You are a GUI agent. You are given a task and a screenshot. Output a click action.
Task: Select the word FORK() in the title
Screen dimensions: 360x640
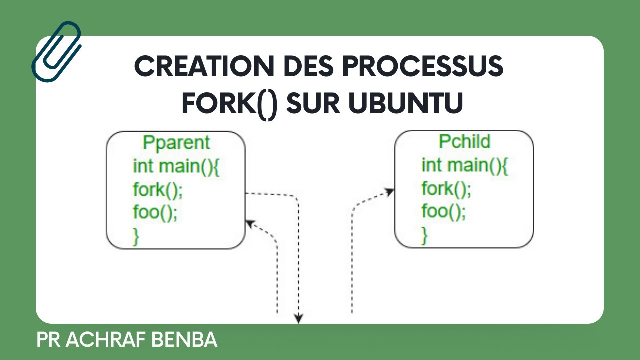coord(229,103)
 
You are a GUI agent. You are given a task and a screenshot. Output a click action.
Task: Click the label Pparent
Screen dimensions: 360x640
coord(176,143)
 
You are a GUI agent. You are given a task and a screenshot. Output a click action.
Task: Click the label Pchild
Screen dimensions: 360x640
coord(464,142)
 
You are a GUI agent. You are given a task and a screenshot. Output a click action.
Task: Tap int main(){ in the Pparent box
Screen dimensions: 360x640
coord(176,165)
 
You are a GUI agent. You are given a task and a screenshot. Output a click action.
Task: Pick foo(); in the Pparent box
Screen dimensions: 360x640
coord(155,212)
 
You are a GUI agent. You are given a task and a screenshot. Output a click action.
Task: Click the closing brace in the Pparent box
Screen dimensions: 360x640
coord(136,235)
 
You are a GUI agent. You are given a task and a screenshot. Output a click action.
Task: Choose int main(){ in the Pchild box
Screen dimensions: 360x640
coord(465,165)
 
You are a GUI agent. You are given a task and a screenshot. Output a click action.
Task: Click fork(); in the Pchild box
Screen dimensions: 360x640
coord(446,189)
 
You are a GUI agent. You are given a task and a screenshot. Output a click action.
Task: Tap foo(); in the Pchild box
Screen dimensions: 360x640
coord(444,211)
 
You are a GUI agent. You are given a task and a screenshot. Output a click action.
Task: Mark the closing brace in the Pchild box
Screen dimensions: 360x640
coord(425,235)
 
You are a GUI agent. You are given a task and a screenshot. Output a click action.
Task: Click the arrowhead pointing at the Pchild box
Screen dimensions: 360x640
coord(390,191)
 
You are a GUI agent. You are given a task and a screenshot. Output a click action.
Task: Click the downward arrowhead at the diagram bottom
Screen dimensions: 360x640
coord(299,318)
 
